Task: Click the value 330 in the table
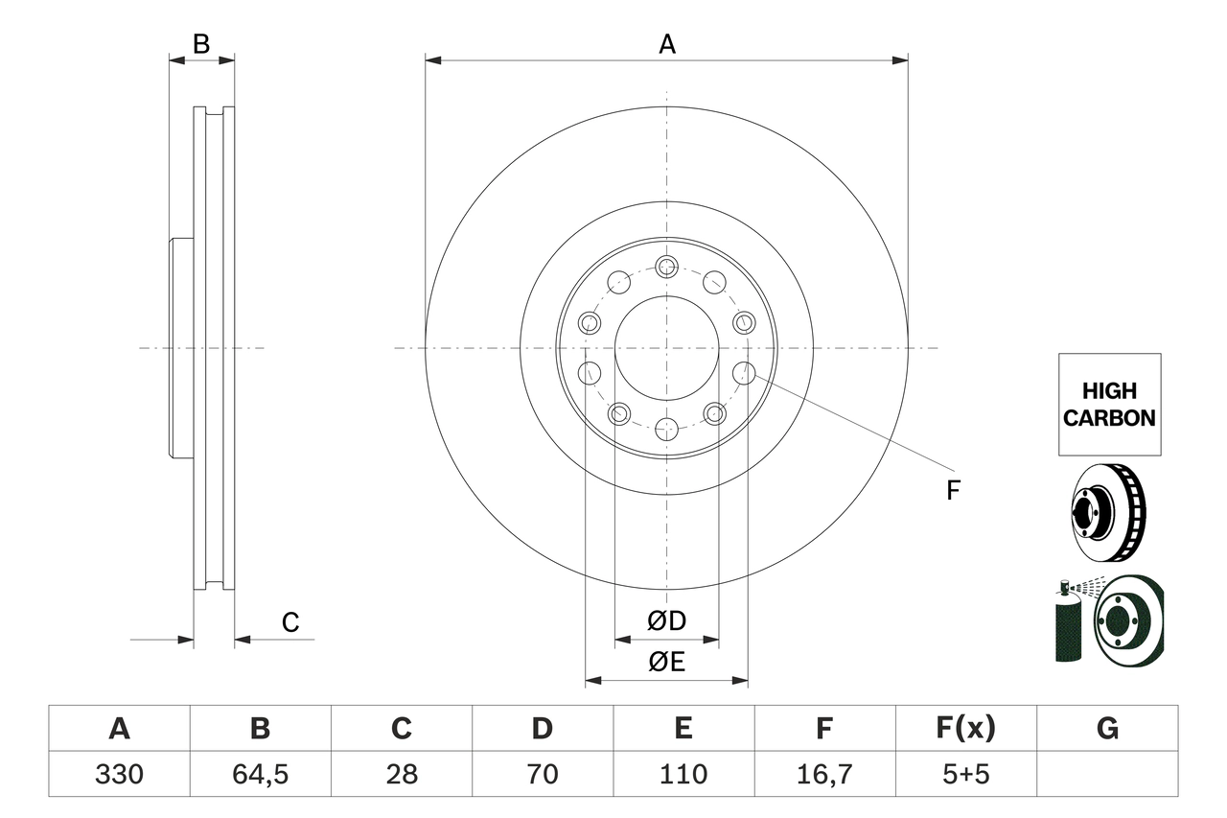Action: click(x=119, y=774)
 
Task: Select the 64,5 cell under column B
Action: click(x=260, y=774)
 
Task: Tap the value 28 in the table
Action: click(x=401, y=774)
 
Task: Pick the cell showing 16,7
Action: click(x=823, y=774)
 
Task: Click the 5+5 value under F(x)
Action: click(x=964, y=774)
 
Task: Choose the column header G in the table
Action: click(x=1107, y=729)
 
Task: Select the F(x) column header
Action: click(x=964, y=729)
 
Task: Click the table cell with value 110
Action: click(x=683, y=774)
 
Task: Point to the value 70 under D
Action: click(x=542, y=774)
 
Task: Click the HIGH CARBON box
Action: click(x=1109, y=404)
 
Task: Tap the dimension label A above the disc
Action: click(x=667, y=44)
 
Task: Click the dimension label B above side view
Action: click(x=200, y=43)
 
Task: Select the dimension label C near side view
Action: click(x=290, y=622)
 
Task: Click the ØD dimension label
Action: click(x=667, y=621)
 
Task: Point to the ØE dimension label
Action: click(x=667, y=663)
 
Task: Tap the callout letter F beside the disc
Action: click(x=952, y=491)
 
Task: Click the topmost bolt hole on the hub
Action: click(x=666, y=267)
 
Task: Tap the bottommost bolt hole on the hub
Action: click(x=666, y=428)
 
